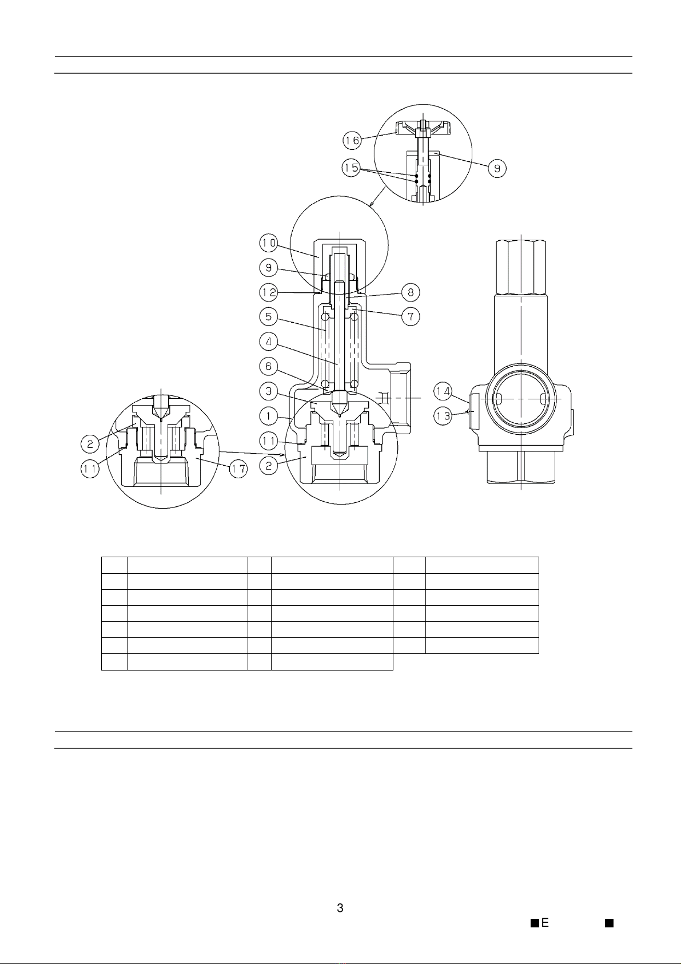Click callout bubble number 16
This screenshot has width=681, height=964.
tap(352, 140)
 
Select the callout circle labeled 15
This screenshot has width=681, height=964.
tap(352, 168)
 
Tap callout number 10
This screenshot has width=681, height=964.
tap(268, 244)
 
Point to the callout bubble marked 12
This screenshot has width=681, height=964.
tap(268, 293)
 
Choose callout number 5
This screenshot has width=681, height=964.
tap(268, 317)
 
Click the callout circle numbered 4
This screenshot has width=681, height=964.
tap(268, 342)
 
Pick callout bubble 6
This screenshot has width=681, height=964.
tap(268, 367)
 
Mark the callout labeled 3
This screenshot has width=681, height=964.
tap(268, 392)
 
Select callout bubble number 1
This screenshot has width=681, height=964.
tap(268, 416)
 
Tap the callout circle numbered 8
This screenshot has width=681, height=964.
tap(411, 293)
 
